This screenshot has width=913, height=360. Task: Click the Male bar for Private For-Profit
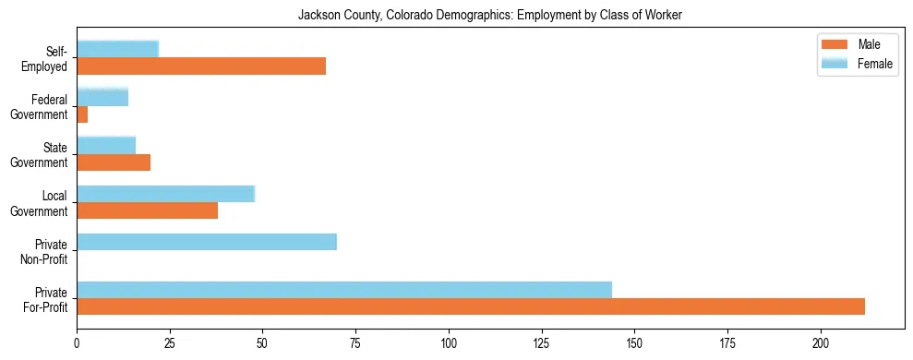coord(471,306)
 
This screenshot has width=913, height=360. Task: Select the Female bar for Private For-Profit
coord(344,289)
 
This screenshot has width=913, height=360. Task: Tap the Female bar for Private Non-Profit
coord(207,242)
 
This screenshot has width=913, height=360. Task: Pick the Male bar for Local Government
coord(148,210)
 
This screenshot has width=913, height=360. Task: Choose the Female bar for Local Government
coord(166,194)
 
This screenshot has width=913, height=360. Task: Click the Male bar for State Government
coord(114,162)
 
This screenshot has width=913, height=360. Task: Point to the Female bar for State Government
coord(106,145)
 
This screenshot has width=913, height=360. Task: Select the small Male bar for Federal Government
coord(82,114)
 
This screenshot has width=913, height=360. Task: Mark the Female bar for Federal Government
coord(102,97)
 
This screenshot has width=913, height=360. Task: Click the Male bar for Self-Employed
coord(201,66)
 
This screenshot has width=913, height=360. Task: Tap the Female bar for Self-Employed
coord(118,49)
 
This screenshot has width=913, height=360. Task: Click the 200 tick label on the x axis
coord(821,342)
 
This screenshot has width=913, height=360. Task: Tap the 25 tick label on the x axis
coord(170,342)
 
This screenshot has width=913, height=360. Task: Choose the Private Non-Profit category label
coord(47,250)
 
